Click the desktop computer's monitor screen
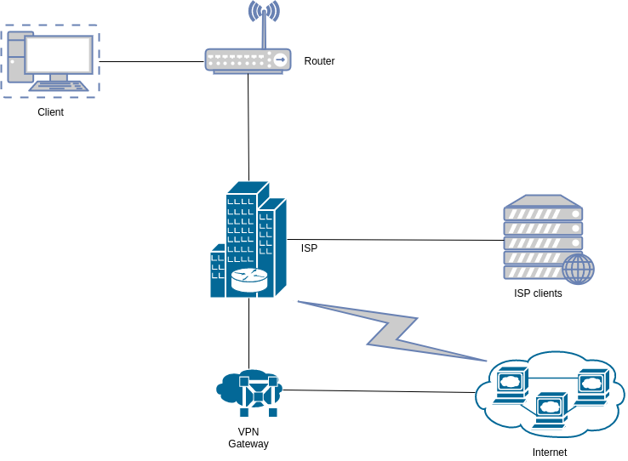59,54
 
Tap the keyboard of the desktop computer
60,85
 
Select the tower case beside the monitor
16,58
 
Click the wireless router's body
247,60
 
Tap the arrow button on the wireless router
280,60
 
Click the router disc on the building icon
248,280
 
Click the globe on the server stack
578,269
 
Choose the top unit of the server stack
543,212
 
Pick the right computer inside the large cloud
592,383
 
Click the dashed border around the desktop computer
99,60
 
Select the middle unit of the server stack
543,242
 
